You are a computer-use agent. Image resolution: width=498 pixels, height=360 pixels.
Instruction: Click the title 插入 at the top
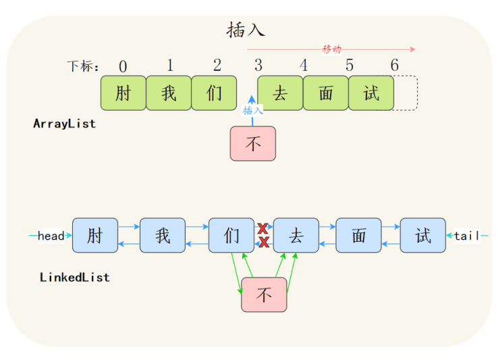(246, 30)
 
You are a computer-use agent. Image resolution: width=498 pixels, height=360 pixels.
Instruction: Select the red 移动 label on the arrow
(331, 49)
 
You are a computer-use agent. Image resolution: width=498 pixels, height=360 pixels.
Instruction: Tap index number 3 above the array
(258, 66)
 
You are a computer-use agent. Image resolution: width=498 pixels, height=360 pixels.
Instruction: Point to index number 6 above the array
(395, 66)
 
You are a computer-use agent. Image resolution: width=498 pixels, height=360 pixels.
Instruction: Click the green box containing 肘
(123, 93)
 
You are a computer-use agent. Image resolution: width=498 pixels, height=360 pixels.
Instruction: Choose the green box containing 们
(214, 93)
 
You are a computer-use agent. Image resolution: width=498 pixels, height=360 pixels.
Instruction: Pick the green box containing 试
(371, 93)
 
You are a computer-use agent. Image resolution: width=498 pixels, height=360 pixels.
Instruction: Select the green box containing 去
(280, 93)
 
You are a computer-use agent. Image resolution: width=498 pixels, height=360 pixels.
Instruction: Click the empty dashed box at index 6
(406, 93)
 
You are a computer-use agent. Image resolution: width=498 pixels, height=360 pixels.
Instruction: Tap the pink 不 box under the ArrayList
(253, 143)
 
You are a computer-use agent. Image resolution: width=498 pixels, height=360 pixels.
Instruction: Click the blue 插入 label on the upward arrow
(253, 110)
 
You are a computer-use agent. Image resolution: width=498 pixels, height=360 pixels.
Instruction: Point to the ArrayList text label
(64, 124)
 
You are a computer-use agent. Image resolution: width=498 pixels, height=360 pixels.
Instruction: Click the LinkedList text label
(74, 277)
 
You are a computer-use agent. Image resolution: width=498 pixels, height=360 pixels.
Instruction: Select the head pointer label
(51, 236)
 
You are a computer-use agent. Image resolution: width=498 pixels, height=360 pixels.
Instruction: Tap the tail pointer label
(467, 236)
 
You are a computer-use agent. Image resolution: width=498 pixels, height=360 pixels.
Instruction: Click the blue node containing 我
(163, 236)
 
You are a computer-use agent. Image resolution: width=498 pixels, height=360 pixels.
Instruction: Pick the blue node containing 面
(358, 236)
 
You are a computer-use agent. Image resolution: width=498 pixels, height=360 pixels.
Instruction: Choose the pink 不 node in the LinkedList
(264, 295)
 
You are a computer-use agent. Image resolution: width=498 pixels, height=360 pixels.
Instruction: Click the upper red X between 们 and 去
(263, 229)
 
